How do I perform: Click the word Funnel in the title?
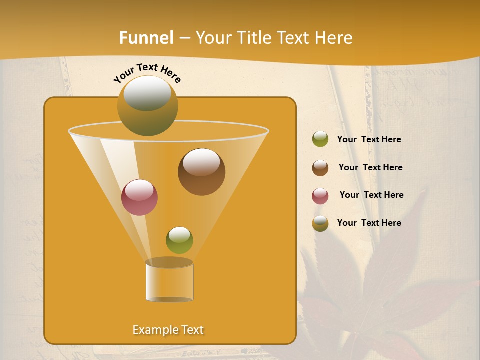point(146,38)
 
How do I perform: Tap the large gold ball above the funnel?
point(147,106)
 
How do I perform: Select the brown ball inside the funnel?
point(201,172)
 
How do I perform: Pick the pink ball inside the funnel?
point(139,197)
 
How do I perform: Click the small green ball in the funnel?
point(179,240)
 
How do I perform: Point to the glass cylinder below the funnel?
point(169,281)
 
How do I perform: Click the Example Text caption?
point(168,330)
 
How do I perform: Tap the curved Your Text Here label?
point(147,73)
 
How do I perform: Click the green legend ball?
point(320,139)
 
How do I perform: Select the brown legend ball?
point(320,168)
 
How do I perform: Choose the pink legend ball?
point(320,196)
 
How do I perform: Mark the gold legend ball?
point(320,223)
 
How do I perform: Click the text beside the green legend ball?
point(369,140)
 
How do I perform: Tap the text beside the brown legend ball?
point(370,168)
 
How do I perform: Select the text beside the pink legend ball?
point(371,195)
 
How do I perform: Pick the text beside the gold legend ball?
point(369,223)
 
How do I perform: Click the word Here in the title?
point(334,38)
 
